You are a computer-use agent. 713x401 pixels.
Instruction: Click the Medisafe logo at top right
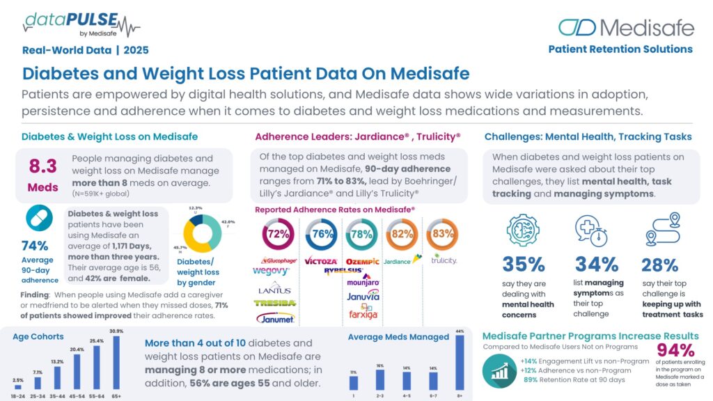[626, 28]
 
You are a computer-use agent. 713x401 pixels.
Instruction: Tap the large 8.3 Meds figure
[42, 173]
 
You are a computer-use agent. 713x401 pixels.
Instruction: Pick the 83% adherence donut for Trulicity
[444, 235]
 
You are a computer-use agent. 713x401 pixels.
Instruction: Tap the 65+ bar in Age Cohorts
[117, 363]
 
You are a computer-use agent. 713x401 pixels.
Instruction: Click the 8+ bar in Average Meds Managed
[459, 362]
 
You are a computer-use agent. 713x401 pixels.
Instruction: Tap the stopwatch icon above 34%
[589, 230]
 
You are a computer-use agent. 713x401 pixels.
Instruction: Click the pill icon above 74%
[40, 218]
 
